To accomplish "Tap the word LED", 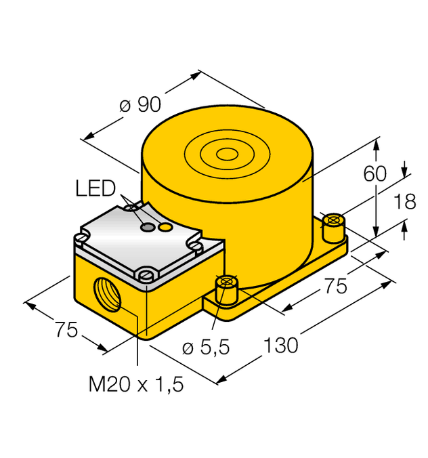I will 95,188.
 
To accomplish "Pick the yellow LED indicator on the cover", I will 164,228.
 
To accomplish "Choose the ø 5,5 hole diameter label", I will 207,347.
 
